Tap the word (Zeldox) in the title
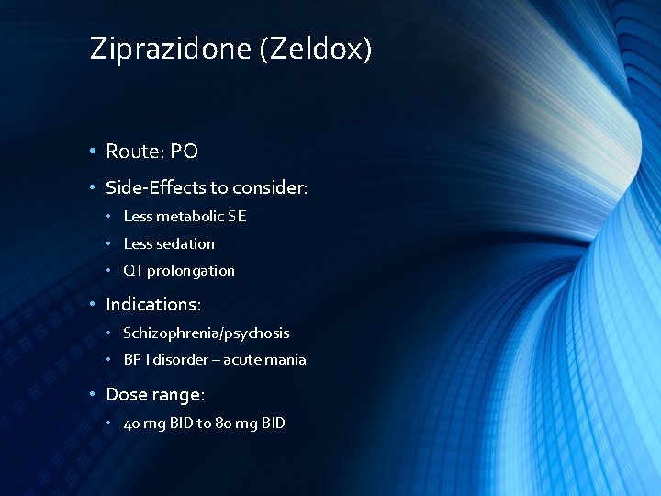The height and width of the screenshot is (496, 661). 316,48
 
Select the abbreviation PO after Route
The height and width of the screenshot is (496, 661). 184,152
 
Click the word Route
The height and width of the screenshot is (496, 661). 133,152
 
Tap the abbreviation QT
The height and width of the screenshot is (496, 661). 133,270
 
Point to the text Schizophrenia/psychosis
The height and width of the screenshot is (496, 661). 206,333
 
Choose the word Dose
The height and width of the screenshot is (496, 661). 126,395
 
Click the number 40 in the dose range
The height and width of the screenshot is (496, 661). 131,423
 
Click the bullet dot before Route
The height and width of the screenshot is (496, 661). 94,152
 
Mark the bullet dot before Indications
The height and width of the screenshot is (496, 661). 94,304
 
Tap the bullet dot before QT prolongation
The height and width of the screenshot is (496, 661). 108,270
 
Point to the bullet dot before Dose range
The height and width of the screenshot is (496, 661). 94,395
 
